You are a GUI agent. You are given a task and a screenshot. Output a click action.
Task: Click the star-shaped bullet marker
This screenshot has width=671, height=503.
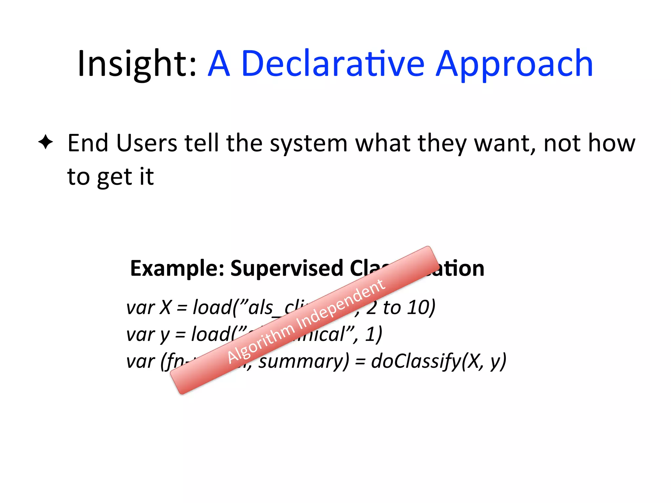point(46,142)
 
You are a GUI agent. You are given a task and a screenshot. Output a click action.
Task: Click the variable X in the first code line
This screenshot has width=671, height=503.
point(165,308)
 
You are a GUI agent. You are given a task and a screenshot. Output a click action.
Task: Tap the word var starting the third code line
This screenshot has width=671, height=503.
point(140,362)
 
